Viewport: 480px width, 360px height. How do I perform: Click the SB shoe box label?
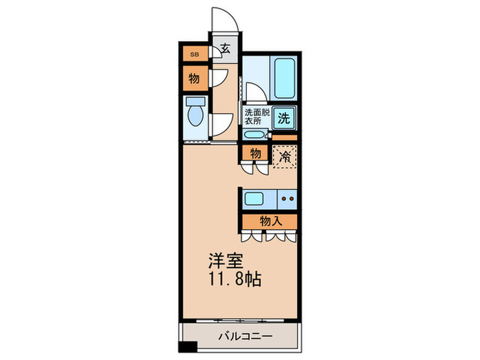click(x=194, y=53)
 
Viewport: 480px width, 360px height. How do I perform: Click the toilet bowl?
click(x=195, y=115)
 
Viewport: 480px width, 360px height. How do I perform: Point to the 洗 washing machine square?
click(x=285, y=117)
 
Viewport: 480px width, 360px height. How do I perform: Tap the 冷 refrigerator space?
click(x=285, y=156)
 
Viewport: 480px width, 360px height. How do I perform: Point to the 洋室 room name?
click(x=225, y=261)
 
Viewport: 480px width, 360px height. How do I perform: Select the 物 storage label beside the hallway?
click(x=194, y=78)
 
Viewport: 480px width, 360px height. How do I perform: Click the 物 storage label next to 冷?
click(x=254, y=153)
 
